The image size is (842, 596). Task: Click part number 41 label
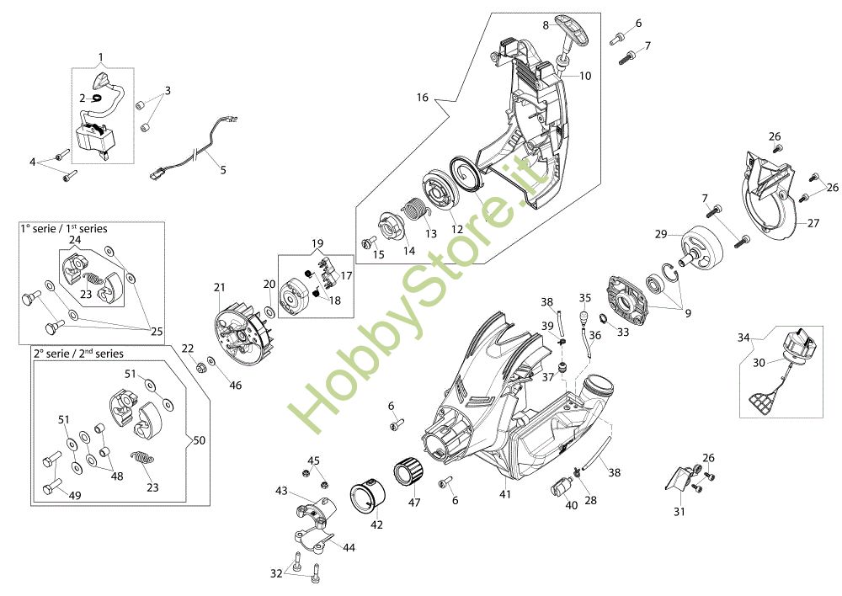click(x=505, y=495)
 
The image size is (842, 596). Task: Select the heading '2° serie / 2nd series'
click(x=77, y=354)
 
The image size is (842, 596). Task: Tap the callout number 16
click(x=422, y=98)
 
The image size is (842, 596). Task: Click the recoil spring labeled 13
click(x=413, y=209)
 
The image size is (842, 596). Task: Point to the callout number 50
click(x=199, y=440)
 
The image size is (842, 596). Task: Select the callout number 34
click(x=743, y=338)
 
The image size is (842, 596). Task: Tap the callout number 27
click(x=813, y=223)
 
